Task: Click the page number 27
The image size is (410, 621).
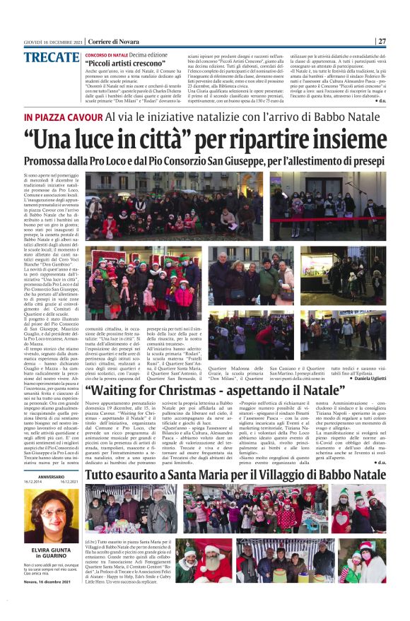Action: pyautogui.click(x=381, y=41)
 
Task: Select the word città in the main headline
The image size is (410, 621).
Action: pyautogui.click(x=164, y=138)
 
